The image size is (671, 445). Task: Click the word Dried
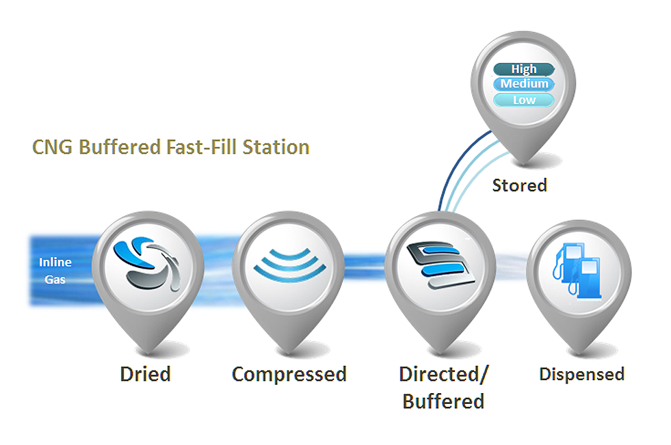click(x=146, y=374)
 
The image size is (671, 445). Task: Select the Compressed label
click(x=289, y=375)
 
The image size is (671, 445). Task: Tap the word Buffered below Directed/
click(x=443, y=401)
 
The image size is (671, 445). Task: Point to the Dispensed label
click(x=582, y=375)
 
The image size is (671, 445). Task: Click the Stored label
click(x=520, y=185)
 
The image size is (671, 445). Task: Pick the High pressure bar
click(x=524, y=69)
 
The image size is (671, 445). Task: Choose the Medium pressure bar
click(x=524, y=84)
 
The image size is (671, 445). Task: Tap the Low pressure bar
click(x=524, y=100)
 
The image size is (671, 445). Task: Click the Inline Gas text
click(x=55, y=271)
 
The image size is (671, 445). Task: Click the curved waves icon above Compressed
click(x=290, y=265)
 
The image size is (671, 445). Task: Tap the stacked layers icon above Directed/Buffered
click(x=440, y=265)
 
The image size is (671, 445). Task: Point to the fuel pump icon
click(x=577, y=271)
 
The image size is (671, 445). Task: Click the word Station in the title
click(x=276, y=147)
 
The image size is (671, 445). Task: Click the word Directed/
click(x=443, y=375)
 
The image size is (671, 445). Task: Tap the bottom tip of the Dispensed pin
click(x=579, y=353)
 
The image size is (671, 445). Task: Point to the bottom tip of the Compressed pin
click(x=289, y=353)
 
